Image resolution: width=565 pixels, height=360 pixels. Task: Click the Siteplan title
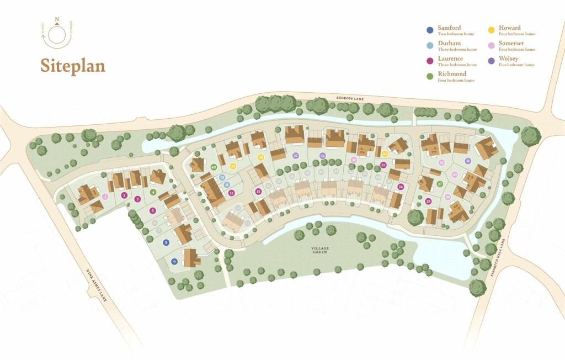click(x=72, y=66)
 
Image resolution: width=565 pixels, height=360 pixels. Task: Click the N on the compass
click(x=56, y=19)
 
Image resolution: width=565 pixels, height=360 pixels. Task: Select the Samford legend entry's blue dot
click(x=430, y=30)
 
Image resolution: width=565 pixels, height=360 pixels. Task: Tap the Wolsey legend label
click(x=508, y=59)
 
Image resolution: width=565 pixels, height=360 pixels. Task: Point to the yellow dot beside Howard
click(x=491, y=30)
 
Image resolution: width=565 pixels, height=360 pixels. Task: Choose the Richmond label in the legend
click(x=452, y=74)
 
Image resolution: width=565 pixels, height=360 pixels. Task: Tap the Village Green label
click(x=320, y=251)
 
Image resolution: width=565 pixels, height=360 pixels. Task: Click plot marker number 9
click(x=174, y=262)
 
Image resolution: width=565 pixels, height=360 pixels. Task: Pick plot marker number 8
click(x=166, y=242)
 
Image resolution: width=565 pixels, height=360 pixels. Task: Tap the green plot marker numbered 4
click(x=153, y=192)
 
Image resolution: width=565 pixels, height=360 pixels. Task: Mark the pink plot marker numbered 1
click(x=105, y=196)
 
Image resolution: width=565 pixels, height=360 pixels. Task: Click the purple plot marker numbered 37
click(x=296, y=156)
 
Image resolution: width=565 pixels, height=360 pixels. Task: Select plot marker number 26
click(x=401, y=187)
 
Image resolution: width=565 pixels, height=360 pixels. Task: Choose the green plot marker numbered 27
click(x=440, y=184)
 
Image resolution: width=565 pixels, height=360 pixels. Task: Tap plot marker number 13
click(x=258, y=191)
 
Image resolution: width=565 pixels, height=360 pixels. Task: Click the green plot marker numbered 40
click(x=214, y=167)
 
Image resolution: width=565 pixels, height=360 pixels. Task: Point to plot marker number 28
click(x=429, y=201)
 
